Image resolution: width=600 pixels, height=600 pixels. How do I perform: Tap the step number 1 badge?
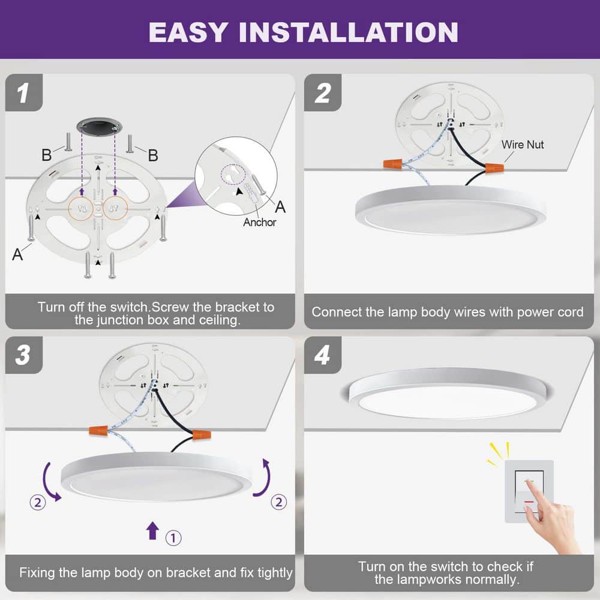[x=23, y=93]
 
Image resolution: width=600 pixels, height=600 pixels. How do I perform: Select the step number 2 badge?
[x=323, y=93]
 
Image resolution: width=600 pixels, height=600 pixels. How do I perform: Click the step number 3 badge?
[x=23, y=355]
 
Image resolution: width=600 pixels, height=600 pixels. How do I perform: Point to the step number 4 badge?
[x=323, y=355]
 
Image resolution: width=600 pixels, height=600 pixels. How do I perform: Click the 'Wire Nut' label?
[x=522, y=145]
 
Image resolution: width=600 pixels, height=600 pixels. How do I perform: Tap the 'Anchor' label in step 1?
[x=259, y=222]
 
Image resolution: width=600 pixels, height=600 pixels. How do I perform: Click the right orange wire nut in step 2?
[x=494, y=167]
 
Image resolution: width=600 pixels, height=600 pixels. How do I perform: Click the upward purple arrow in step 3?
[x=153, y=530]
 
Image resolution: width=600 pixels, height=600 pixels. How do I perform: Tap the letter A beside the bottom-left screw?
[x=17, y=254]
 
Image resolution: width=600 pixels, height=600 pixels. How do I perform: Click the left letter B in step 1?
[x=46, y=155]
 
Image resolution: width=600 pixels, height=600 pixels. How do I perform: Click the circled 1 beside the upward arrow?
[x=173, y=538]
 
